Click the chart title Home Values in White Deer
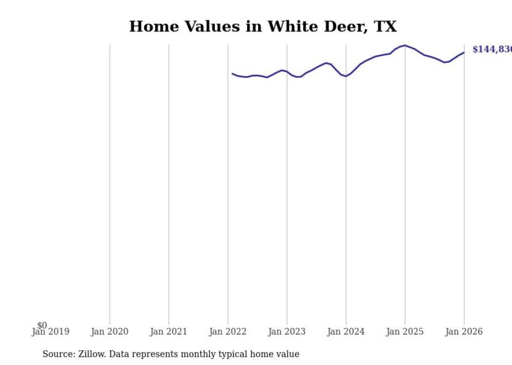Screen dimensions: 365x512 (x=263, y=27)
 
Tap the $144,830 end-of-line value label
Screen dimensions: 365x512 (x=492, y=50)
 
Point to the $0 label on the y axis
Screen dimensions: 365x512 (x=42, y=326)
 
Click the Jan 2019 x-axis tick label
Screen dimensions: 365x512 (x=50, y=332)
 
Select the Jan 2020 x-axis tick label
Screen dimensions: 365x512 (x=109, y=332)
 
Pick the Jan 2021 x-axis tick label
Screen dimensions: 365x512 (x=168, y=332)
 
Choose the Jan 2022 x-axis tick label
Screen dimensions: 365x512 (x=227, y=332)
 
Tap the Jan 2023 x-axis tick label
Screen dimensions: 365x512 (x=286, y=332)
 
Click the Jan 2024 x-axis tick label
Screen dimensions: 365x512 (x=345, y=332)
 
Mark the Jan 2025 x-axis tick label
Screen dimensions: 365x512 (x=404, y=332)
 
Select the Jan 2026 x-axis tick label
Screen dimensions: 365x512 (x=463, y=332)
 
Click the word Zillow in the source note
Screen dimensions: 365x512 (x=89, y=355)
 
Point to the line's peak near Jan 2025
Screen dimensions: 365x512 (x=405, y=45)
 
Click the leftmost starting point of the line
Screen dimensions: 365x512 (x=232, y=74)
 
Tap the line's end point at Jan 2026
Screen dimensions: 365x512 (x=463, y=52)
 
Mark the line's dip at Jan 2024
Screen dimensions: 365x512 (x=345, y=76)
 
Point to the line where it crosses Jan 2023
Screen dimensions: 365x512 (x=287, y=72)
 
